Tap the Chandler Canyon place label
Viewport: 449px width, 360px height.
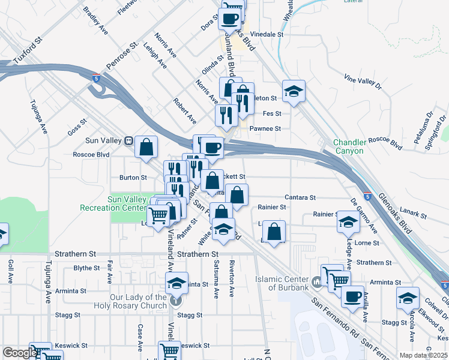pyautogui.click(x=349, y=146)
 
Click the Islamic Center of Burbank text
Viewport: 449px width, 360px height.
pyautogui.click(x=282, y=283)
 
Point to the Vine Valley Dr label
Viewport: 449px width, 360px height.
pyautogui.click(x=363, y=84)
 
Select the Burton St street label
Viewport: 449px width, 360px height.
pyautogui.click(x=133, y=178)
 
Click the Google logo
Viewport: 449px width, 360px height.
pyautogui.click(x=19, y=353)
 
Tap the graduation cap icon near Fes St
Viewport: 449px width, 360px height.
pyautogui.click(x=294, y=91)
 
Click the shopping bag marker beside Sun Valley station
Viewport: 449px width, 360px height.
pyautogui.click(x=146, y=146)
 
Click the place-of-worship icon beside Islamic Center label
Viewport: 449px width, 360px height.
pyautogui.click(x=317, y=281)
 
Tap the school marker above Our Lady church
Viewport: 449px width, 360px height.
pyautogui.click(x=176, y=282)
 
